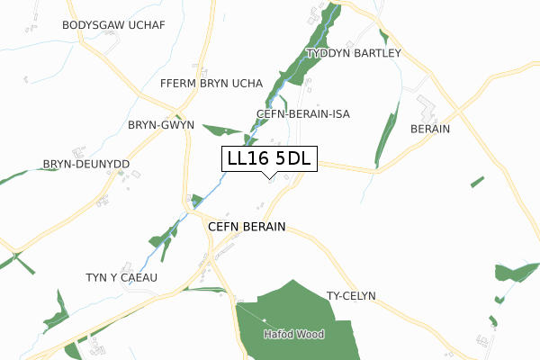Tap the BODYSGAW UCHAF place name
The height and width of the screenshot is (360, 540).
[113, 25]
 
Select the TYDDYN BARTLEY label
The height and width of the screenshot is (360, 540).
[353, 54]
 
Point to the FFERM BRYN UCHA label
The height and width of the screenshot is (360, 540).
[210, 84]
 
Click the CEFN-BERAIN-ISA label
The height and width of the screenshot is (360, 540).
[302, 114]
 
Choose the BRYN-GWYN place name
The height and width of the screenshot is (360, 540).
[161, 125]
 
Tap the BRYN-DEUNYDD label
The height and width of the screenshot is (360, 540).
[86, 165]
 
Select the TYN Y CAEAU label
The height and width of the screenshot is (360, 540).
[121, 277]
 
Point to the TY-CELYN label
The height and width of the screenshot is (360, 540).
[351, 296]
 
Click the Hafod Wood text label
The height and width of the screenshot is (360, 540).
[293, 334]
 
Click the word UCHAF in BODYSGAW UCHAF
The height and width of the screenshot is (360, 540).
[145, 25]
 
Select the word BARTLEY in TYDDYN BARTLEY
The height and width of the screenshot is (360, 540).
[376, 54]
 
